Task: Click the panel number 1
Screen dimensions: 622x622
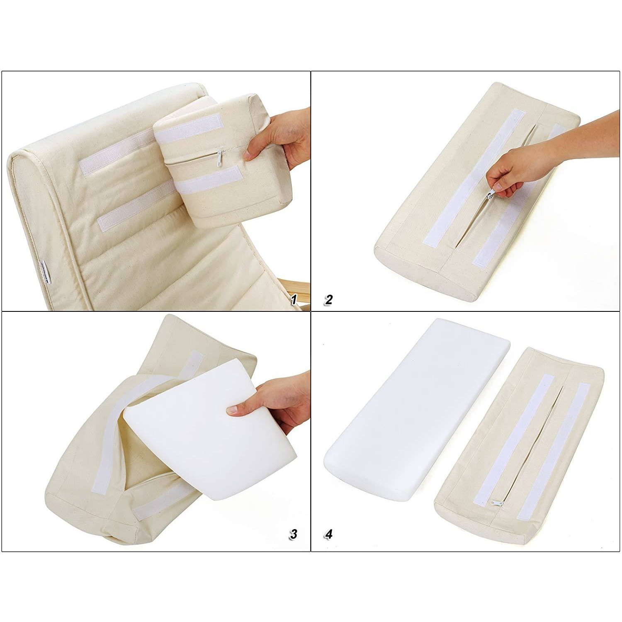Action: [294, 300]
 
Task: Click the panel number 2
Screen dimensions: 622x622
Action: [329, 300]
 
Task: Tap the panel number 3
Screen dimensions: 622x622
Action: [294, 534]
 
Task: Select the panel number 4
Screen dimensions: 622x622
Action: [329, 534]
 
